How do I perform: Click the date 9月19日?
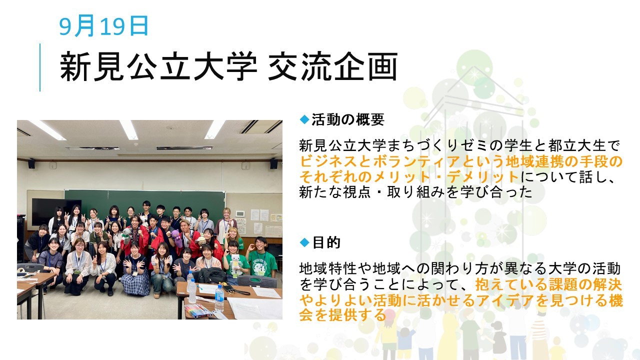(x=103, y=25)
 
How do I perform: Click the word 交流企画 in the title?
(x=332, y=66)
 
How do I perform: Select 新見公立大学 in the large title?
(x=158, y=66)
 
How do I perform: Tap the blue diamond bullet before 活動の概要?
(x=304, y=119)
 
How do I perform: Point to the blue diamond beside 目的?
(x=304, y=242)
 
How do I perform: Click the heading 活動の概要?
(x=348, y=119)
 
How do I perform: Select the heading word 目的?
(x=326, y=242)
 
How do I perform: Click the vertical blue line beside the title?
(x=39, y=67)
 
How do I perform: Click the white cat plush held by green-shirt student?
(x=236, y=264)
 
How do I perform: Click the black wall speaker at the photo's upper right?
(x=273, y=163)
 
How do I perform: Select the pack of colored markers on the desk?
(x=197, y=310)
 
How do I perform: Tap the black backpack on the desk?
(x=212, y=275)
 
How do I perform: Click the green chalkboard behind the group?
(x=144, y=203)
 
